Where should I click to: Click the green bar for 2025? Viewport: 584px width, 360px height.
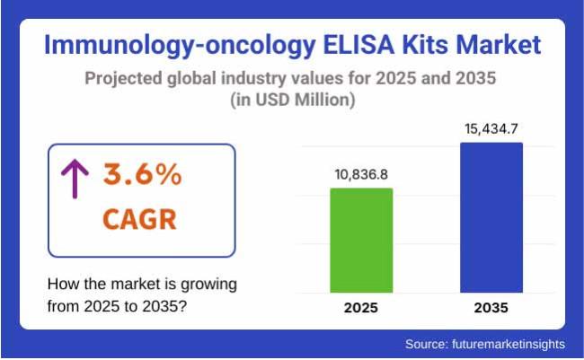click(x=360, y=240)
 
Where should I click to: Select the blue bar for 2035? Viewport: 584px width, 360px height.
click(x=491, y=216)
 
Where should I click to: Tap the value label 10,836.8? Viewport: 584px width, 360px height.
click(x=360, y=174)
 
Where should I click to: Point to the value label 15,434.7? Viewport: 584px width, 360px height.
click(x=491, y=128)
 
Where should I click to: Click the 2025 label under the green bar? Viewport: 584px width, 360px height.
click(x=360, y=308)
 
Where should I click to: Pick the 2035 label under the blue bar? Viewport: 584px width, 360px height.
click(x=491, y=308)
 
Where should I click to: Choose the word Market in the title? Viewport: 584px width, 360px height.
click(x=497, y=45)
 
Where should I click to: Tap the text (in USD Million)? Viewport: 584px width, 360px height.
click(x=292, y=101)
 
